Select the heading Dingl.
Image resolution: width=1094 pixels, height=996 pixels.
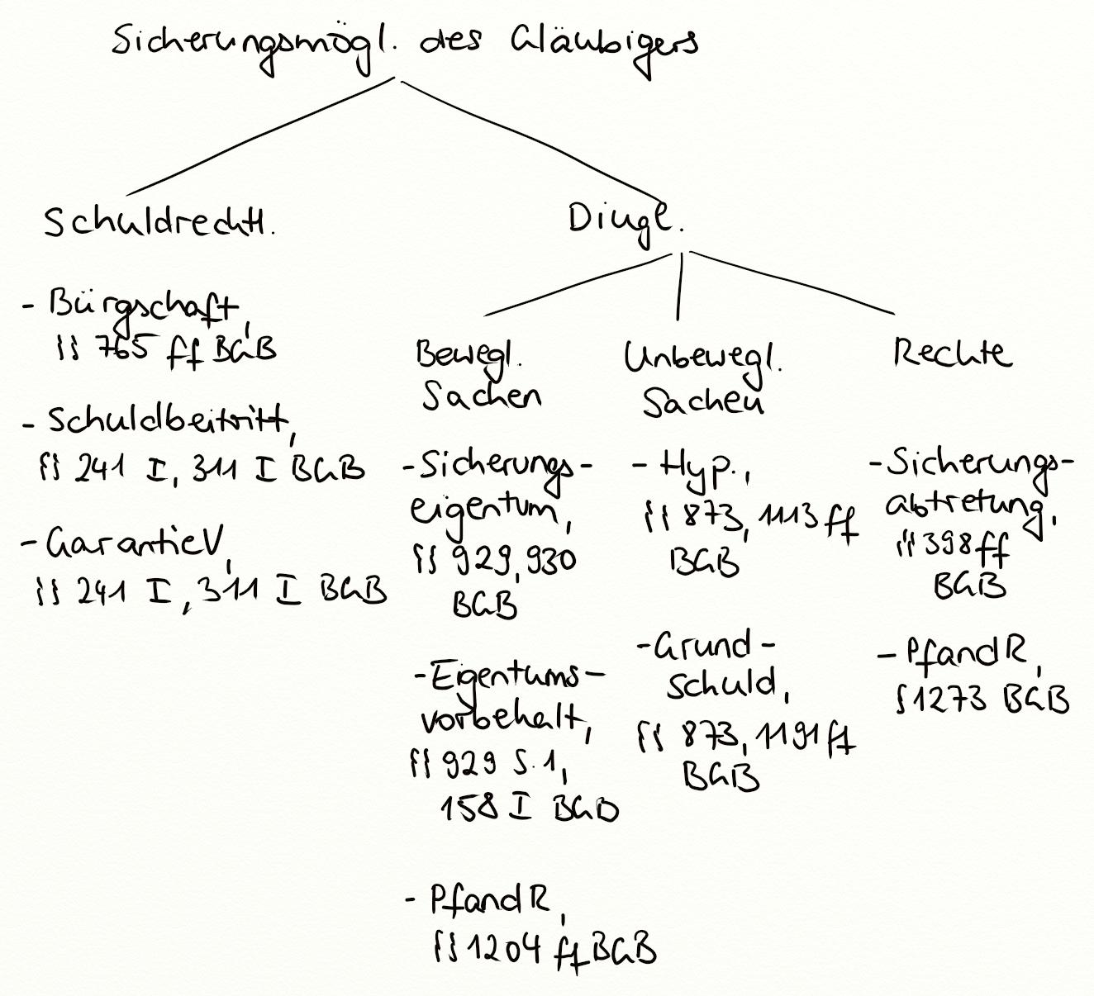[624, 221]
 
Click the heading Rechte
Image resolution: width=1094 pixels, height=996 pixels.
[950, 353]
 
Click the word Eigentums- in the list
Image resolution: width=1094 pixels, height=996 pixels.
[508, 676]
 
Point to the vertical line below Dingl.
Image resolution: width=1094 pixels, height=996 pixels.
[679, 285]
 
